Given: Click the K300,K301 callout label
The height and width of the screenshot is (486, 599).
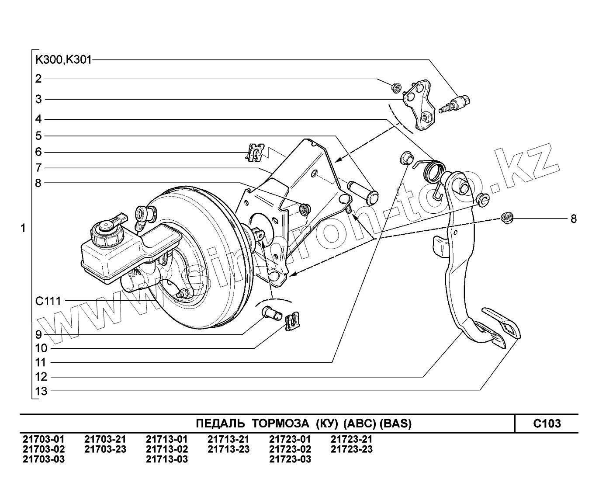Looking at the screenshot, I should (64, 60).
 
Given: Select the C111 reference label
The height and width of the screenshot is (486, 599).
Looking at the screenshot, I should (48, 301).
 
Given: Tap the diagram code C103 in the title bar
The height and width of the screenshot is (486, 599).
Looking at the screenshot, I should (547, 423).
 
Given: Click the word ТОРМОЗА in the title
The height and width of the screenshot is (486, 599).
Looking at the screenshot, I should (280, 423).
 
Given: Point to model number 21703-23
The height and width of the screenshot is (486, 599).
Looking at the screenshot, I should (105, 449).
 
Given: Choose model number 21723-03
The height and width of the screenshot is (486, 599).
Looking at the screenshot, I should (290, 459).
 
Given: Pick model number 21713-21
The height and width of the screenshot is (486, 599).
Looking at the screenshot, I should (229, 439).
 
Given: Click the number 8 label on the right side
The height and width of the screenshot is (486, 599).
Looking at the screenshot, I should (573, 219).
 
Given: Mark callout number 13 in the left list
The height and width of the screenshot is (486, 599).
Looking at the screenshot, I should (41, 391).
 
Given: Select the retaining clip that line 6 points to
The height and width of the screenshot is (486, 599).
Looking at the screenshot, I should (255, 153).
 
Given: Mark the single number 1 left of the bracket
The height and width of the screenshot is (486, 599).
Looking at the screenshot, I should (23, 228).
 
